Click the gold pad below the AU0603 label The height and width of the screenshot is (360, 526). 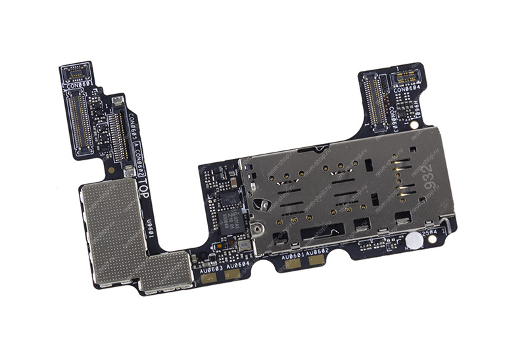(x=209, y=277)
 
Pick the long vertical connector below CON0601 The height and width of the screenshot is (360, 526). (x=78, y=122)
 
